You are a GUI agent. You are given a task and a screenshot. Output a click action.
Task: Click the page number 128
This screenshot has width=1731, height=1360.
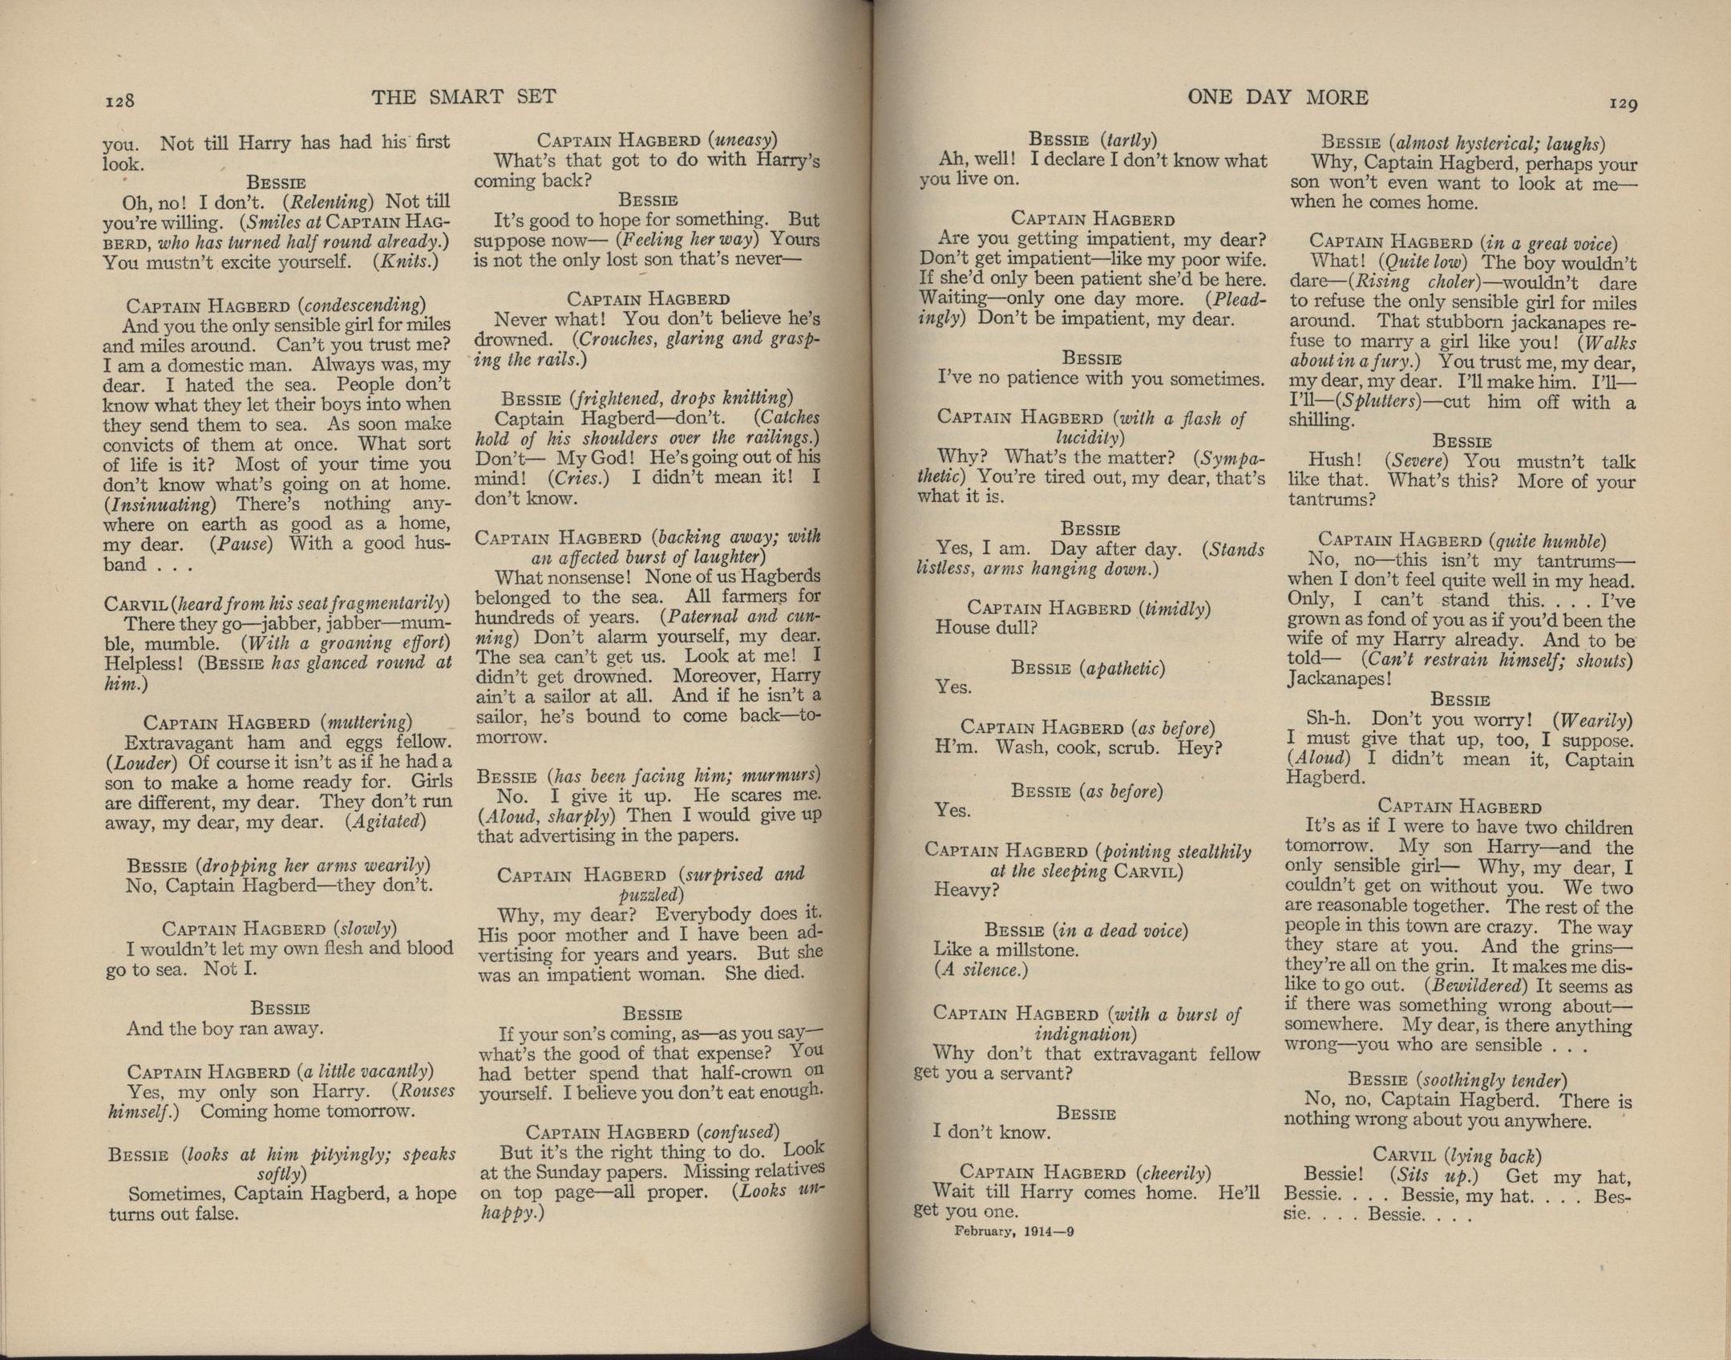click(119, 101)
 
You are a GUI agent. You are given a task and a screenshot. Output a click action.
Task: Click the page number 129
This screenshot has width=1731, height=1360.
click(1622, 103)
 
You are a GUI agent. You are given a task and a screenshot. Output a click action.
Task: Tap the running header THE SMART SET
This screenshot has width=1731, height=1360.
click(463, 98)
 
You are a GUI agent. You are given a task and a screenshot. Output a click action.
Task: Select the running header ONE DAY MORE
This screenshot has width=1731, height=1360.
click(1277, 98)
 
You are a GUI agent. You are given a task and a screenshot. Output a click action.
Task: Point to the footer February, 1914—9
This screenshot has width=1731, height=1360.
click(1013, 1232)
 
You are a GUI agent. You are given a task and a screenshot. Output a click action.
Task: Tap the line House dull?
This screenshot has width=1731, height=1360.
click(985, 628)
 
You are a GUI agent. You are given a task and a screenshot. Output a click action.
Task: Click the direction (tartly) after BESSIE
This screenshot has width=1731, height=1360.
click(1129, 140)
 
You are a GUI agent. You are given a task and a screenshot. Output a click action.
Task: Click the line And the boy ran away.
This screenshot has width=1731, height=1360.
click(224, 1029)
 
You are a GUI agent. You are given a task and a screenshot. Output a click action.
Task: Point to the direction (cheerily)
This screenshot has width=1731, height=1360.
click(1173, 1172)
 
